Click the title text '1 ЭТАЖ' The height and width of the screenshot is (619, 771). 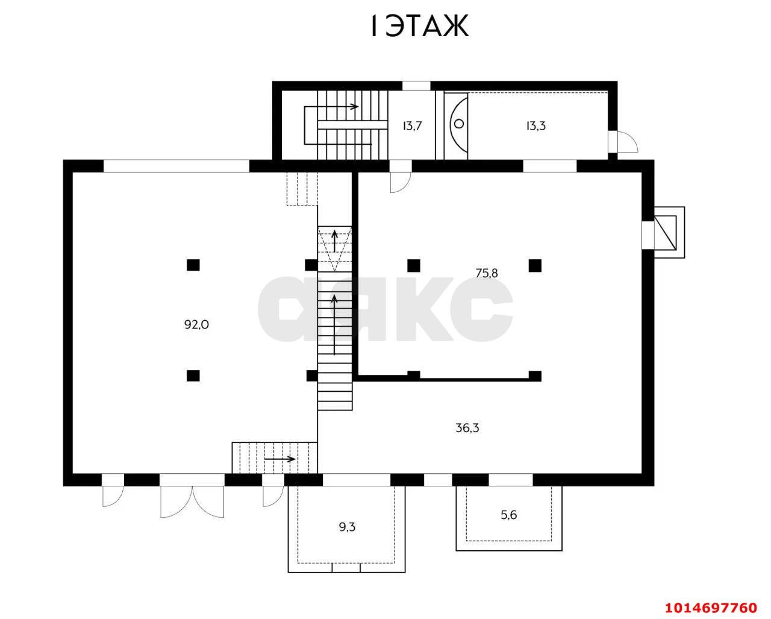pyautogui.click(x=419, y=26)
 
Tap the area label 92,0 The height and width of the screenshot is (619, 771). pyautogui.click(x=196, y=325)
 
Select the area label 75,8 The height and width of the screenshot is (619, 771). pyautogui.click(x=487, y=274)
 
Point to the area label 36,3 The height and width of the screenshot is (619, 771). pyautogui.click(x=467, y=428)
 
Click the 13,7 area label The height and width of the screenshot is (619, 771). pyautogui.click(x=412, y=126)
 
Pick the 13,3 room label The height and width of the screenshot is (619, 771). pyautogui.click(x=535, y=126)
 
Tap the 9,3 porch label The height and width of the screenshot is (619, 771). pyautogui.click(x=347, y=527)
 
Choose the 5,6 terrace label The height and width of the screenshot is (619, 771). pyautogui.click(x=508, y=515)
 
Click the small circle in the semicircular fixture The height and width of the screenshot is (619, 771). pyautogui.click(x=459, y=124)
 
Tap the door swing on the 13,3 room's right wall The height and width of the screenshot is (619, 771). pyautogui.click(x=627, y=142)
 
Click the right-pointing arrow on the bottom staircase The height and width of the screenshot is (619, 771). pyautogui.click(x=280, y=459)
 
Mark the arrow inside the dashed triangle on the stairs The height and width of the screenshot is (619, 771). pyautogui.click(x=334, y=241)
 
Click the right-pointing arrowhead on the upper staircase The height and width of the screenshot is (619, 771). pyautogui.click(x=355, y=107)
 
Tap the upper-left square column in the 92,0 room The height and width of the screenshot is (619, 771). pyautogui.click(x=193, y=265)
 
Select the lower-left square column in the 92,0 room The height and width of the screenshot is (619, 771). pyautogui.click(x=193, y=375)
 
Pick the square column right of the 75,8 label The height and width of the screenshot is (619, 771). pyautogui.click(x=535, y=266)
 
